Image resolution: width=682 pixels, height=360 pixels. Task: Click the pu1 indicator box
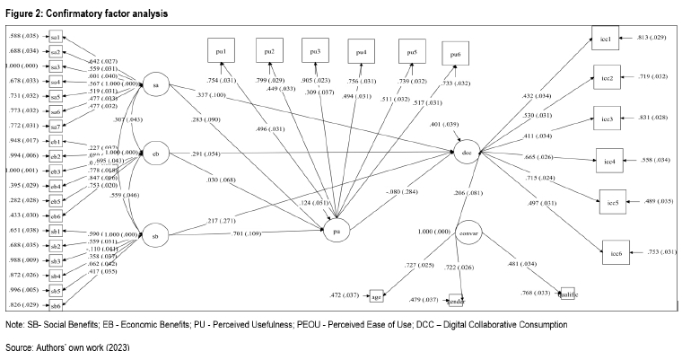coord(220,49)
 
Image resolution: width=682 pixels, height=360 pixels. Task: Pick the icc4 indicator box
coord(609,161)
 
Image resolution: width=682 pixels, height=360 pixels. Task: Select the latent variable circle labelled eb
coord(155,154)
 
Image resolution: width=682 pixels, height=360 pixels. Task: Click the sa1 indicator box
coord(56,38)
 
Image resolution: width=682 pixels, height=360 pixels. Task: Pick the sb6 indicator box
coord(56,305)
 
